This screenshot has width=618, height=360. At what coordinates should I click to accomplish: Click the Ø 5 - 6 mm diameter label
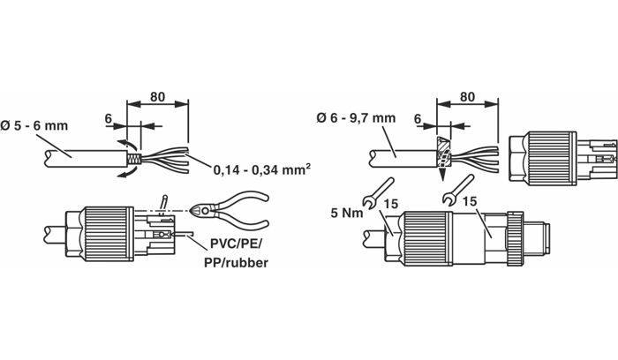34,126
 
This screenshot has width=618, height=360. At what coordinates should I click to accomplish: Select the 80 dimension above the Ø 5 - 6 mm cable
159,96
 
